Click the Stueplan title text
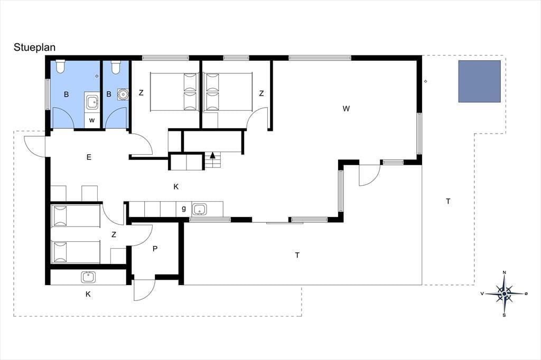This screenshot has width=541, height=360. coord(34,47)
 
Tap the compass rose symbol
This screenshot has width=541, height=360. coord(504,294)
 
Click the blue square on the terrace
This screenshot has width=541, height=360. coord(479,81)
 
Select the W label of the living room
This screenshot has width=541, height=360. coord(346,109)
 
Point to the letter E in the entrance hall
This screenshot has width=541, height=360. coord(89,157)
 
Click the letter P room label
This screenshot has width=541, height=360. coord(155,248)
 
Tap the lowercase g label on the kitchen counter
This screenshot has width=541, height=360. coord(183,209)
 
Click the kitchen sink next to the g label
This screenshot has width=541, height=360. coord(199,209)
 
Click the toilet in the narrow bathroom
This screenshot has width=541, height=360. coord(116,67)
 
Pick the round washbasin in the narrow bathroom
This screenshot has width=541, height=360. coord(123,94)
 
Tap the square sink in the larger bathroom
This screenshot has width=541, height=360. coord(92,102)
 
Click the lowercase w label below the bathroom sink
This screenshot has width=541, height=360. coord(92,120)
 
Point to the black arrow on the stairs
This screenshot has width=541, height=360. coord(212,155)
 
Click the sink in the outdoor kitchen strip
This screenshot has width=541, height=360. coord(89,277)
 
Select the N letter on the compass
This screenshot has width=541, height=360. coord(504,272)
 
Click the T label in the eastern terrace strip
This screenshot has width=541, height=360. coord(448,202)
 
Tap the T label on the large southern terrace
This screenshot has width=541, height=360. coord(297,255)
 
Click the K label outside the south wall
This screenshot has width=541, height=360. coord(88,294)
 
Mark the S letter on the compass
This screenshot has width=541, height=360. coord(504,315)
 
